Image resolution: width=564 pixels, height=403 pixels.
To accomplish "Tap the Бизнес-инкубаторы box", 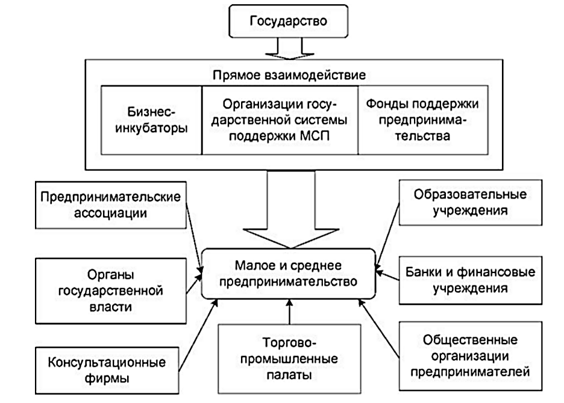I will point(151,120).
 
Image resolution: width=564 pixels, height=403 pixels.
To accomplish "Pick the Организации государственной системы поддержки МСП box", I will point(280,120).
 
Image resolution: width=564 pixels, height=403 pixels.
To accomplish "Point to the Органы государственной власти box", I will point(110,291).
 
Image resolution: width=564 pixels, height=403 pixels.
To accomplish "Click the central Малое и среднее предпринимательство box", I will point(289,274).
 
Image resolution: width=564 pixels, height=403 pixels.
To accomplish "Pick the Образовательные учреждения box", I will point(462,203).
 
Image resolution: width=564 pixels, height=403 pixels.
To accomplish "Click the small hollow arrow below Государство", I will point(289,49).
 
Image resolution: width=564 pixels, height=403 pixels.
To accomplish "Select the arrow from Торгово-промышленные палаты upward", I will point(290,313).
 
